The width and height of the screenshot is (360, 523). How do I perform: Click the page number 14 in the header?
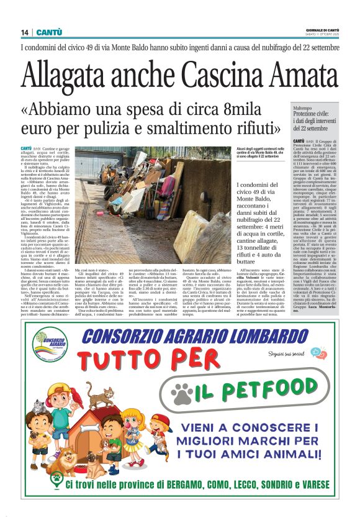(x=25, y=32)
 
